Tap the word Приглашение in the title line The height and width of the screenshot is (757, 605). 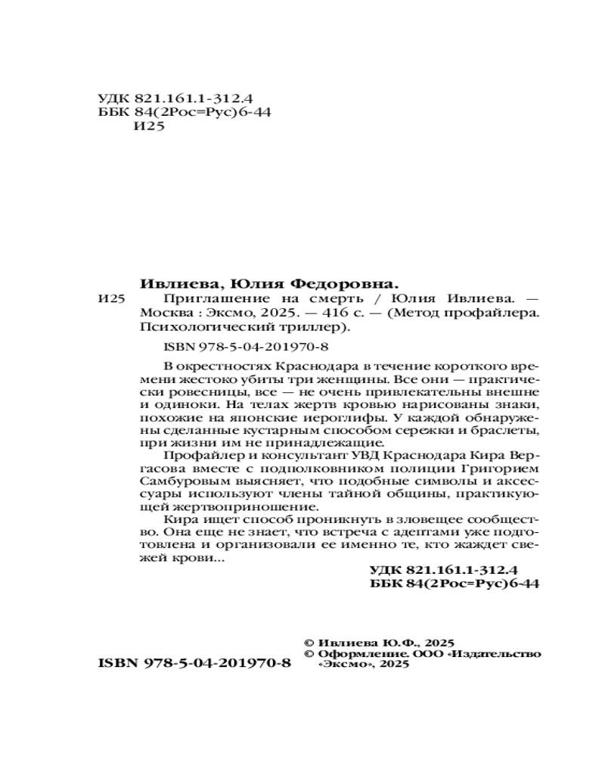click(178, 299)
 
